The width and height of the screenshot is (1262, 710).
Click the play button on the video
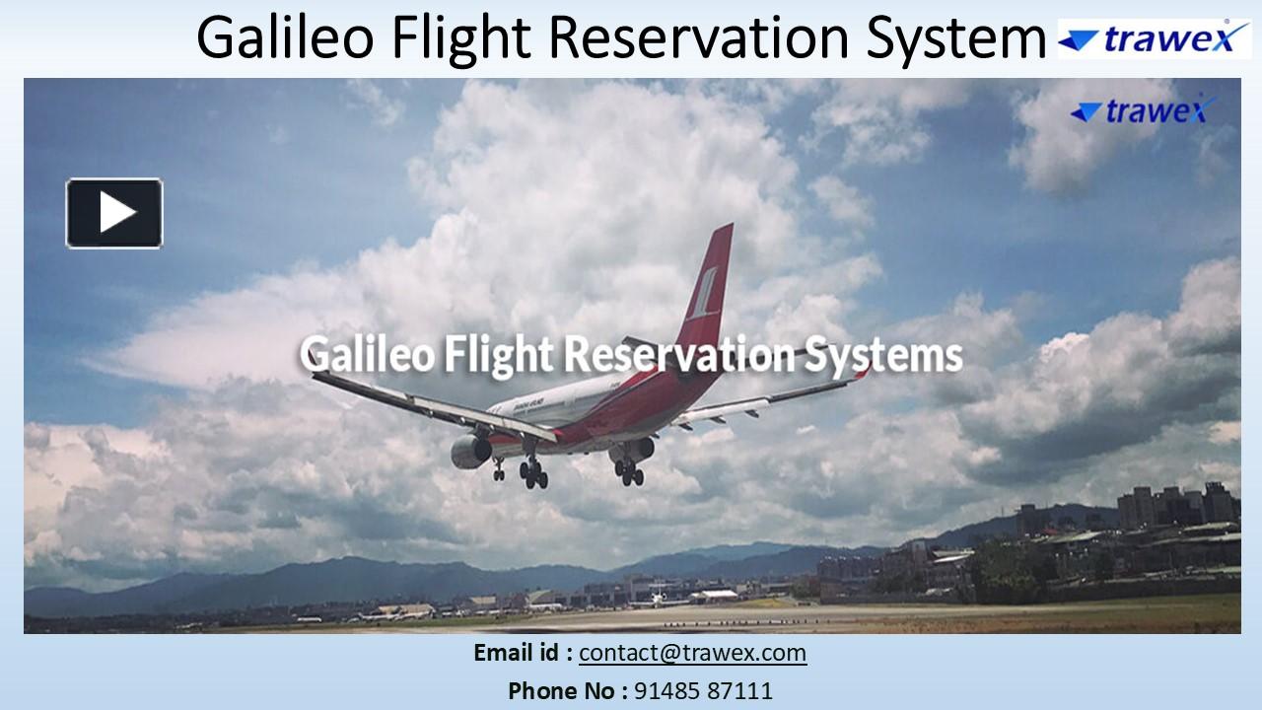[114, 213]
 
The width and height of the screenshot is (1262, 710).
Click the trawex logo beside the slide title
[1155, 38]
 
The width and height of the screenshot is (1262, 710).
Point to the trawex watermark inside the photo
[1144, 111]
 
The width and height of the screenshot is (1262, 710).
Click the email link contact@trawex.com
[692, 653]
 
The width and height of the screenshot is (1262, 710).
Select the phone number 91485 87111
[702, 691]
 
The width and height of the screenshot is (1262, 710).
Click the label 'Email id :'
[523, 653]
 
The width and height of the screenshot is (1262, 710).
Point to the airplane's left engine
[471, 452]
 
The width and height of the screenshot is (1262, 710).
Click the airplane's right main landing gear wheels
[629, 472]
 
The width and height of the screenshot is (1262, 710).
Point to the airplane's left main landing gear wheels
[533, 474]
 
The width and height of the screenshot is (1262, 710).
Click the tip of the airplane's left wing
[317, 376]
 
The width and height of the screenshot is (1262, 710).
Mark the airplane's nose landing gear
[499, 470]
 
